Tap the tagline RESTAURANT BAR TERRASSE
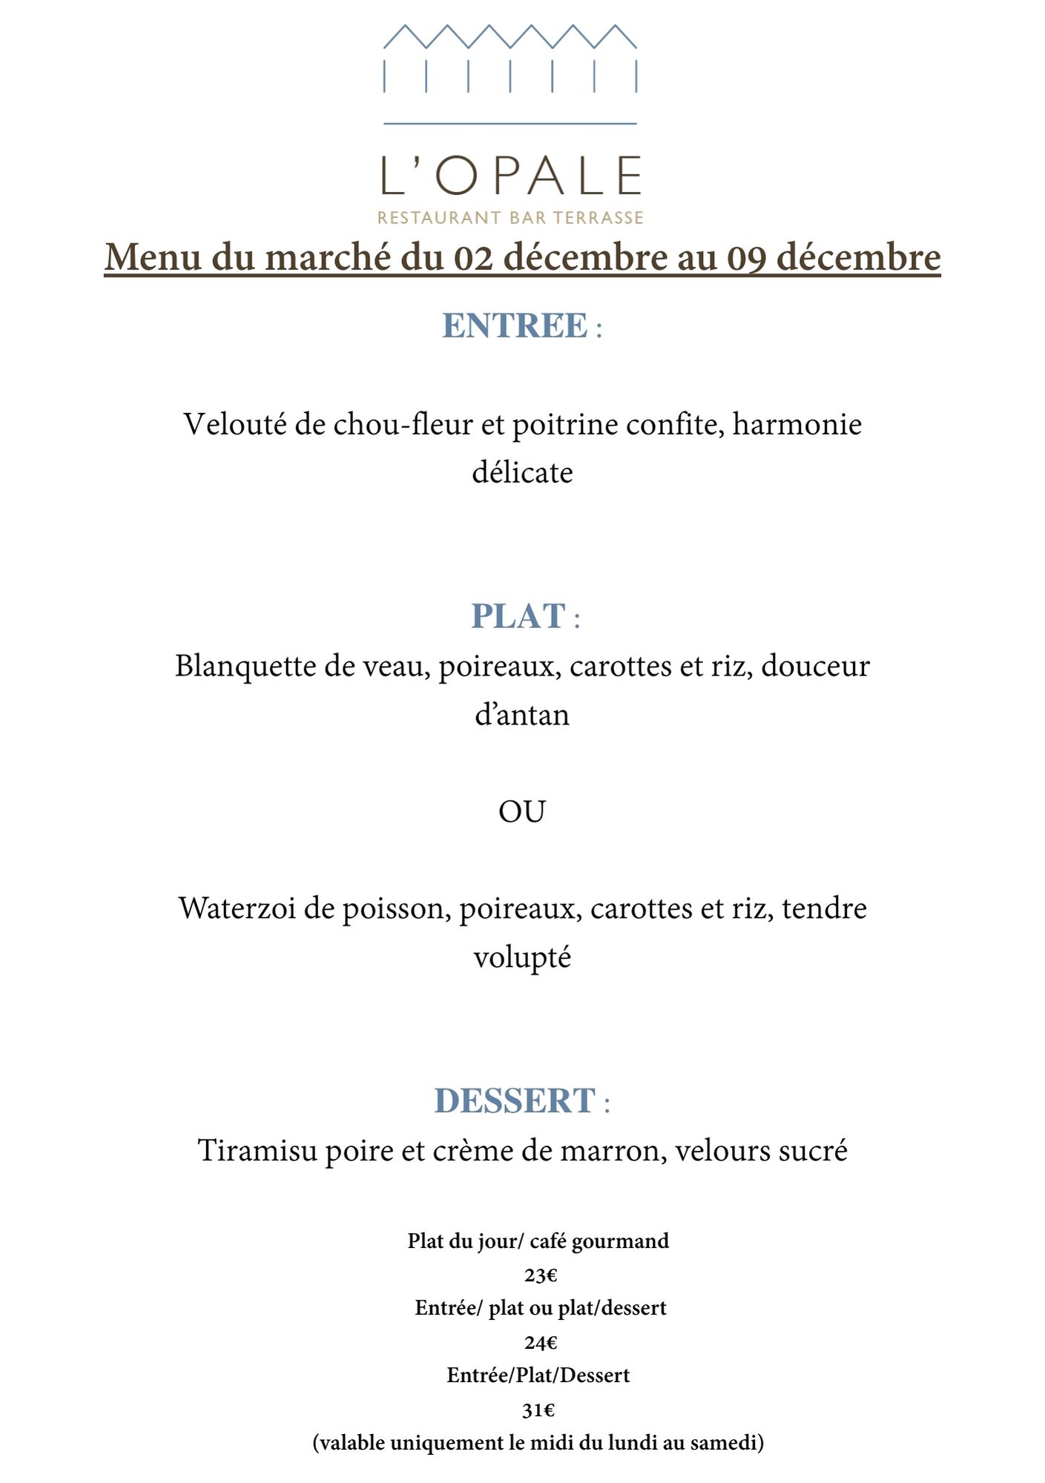point(510,218)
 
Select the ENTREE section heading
point(515,326)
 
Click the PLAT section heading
point(518,616)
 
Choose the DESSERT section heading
point(515,1101)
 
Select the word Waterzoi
point(237,908)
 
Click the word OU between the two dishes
point(521,812)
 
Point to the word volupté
point(522,957)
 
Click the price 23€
point(541,1276)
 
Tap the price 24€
point(541,1343)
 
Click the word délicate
point(522,473)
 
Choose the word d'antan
point(522,715)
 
